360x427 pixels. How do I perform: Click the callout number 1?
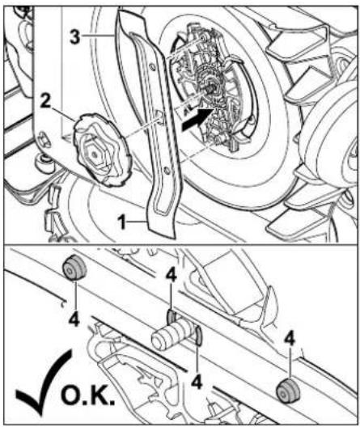pyautogui.click(x=123, y=222)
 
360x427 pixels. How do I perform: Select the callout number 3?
pyautogui.click(x=75, y=36)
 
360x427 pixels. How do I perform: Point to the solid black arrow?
pyautogui.click(x=197, y=119)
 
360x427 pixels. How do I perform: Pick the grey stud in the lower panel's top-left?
pyautogui.click(x=74, y=268)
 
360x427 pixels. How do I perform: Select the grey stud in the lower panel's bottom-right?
pyautogui.click(x=288, y=391)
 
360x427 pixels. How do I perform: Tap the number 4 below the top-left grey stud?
pyautogui.click(x=74, y=319)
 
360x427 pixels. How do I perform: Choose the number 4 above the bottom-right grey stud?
pyautogui.click(x=290, y=340)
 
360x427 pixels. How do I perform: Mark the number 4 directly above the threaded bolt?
pyautogui.click(x=172, y=276)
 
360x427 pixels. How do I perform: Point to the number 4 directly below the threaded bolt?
pyautogui.click(x=197, y=382)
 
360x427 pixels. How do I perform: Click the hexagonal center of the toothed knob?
pyautogui.click(x=93, y=154)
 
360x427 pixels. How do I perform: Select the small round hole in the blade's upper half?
pyautogui.click(x=152, y=65)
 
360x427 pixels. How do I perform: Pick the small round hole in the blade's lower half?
pyautogui.click(x=166, y=170)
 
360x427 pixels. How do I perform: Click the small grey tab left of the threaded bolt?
pyautogui.click(x=171, y=316)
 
